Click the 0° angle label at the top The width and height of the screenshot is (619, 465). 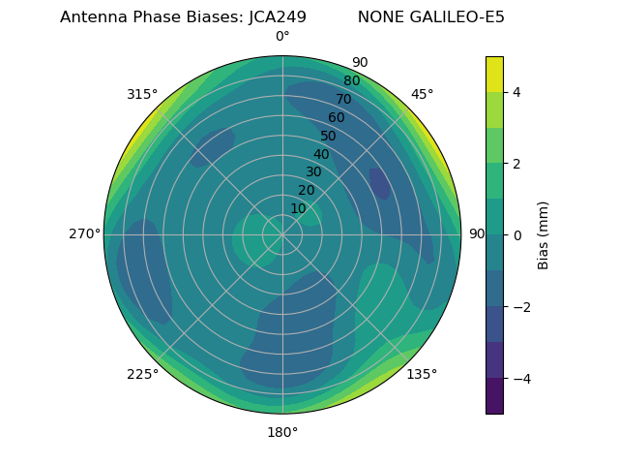(282, 37)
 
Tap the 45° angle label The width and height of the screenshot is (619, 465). (423, 94)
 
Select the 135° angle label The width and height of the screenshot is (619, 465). (422, 375)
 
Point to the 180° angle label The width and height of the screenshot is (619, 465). (282, 432)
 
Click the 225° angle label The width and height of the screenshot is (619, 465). (142, 375)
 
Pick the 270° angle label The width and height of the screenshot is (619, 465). (85, 233)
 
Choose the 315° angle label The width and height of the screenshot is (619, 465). (142, 94)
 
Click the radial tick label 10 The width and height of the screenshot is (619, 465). (299, 208)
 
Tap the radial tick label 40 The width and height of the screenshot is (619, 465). (321, 154)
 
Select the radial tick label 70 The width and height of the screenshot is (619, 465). (343, 99)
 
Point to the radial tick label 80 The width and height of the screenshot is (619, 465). (351, 80)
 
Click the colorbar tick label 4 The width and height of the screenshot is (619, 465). (517, 92)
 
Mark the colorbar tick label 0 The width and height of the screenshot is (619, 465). (517, 235)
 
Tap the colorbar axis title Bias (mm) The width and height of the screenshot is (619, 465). (544, 235)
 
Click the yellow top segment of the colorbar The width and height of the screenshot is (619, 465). (494, 75)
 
